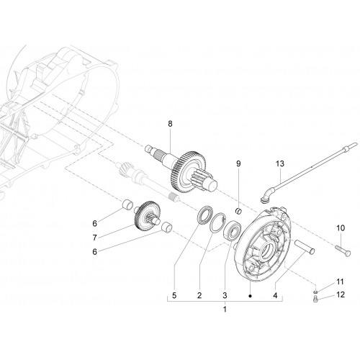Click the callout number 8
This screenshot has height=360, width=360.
point(170,124)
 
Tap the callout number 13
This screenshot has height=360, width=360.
point(280,163)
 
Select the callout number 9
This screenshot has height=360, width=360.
point(238,163)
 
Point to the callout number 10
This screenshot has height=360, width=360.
point(341,228)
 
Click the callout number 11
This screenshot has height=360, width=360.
point(340,282)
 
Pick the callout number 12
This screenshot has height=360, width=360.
point(341,294)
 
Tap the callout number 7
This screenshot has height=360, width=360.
point(94,238)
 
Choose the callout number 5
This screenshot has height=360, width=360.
point(174,295)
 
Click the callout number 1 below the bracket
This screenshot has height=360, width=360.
point(225,310)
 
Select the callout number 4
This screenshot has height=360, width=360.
point(275,295)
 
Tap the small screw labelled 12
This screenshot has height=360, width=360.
point(316,299)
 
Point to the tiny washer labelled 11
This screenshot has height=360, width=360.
point(316,292)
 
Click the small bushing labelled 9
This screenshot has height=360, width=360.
point(238,211)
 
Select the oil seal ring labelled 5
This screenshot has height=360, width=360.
point(204,214)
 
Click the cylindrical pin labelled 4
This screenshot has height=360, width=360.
point(305,246)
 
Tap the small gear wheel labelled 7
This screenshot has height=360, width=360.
point(147,213)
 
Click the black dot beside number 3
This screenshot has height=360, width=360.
point(250,296)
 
